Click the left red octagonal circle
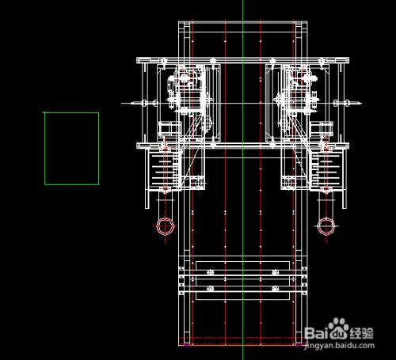pos(157,226)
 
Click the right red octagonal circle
pos(318,226)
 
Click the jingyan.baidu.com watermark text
pos(339,346)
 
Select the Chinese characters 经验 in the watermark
pos(361,333)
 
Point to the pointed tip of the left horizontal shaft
pos(121,104)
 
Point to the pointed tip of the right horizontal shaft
pos(361,104)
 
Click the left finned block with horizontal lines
pos(164,169)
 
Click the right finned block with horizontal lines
pos(327,169)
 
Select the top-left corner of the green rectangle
pos(45,112)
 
